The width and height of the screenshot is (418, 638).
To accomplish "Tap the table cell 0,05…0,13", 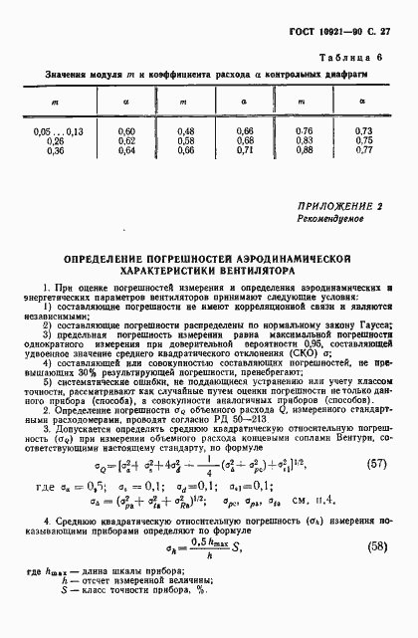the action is tap(59, 130).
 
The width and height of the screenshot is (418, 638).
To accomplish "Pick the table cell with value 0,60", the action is tap(126, 130).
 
